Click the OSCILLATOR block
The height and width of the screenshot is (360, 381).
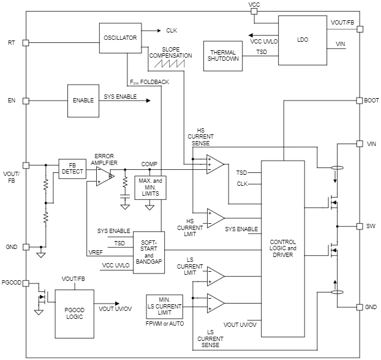click(120, 38)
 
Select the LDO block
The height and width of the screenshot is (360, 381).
click(303, 40)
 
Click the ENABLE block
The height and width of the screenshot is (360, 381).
click(83, 100)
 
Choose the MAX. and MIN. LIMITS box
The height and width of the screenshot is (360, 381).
click(150, 187)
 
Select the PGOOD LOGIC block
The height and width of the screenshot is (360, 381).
click(74, 312)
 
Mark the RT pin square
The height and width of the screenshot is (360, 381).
click(26, 43)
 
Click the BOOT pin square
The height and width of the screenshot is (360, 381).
click(359, 100)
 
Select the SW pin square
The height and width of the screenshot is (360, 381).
click(359, 226)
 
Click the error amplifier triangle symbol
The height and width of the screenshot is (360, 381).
click(105, 176)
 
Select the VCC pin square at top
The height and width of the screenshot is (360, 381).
click(254, 12)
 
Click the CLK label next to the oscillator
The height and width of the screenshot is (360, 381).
click(172, 30)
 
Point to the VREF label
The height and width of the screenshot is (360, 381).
click(96, 252)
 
